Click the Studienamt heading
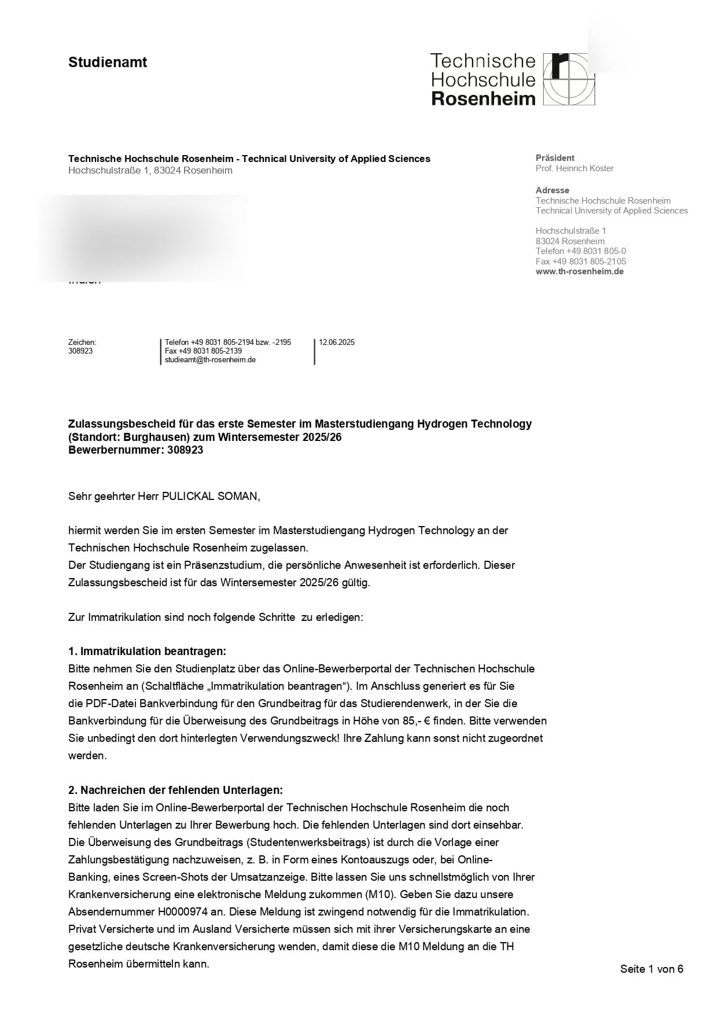pyautogui.click(x=108, y=62)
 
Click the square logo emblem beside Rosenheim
pyautogui.click(x=569, y=79)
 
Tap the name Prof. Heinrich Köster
pyautogui.click(x=575, y=168)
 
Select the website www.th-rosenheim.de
pyautogui.click(x=579, y=271)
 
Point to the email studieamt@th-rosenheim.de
pyautogui.click(x=210, y=360)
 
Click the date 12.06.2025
pyautogui.click(x=337, y=343)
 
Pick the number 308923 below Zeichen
pyautogui.click(x=80, y=351)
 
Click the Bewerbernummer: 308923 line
pyautogui.click(x=135, y=450)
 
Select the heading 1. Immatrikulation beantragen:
pyautogui.click(x=147, y=652)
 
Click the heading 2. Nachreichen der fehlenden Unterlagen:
pyautogui.click(x=175, y=790)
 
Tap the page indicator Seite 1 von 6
pyautogui.click(x=651, y=969)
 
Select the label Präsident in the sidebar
pyautogui.click(x=555, y=158)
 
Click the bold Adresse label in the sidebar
pyautogui.click(x=552, y=190)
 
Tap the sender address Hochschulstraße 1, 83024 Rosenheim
pyautogui.click(x=150, y=171)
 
